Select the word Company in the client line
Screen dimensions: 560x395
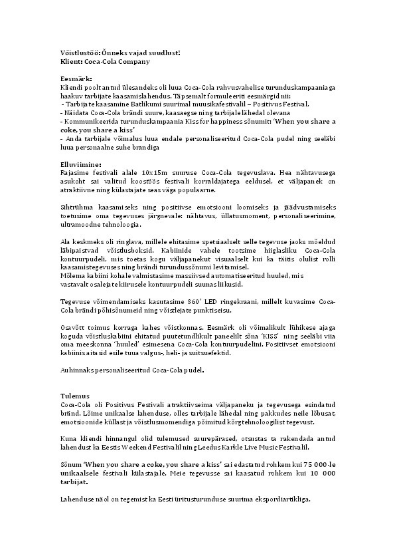133,61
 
